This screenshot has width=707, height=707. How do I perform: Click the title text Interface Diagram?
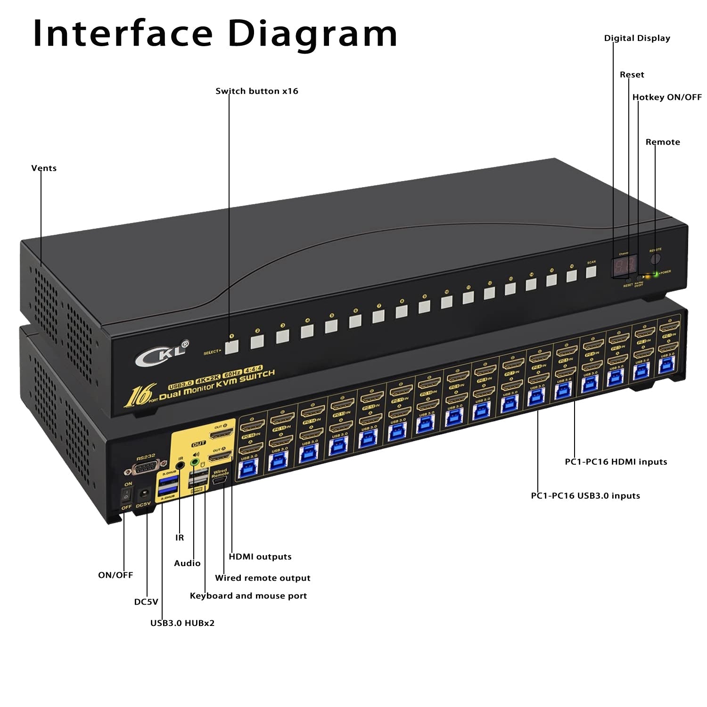click(215, 34)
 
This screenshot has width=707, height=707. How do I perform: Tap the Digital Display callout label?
click(637, 38)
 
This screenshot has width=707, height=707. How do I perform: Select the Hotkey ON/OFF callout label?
click(666, 97)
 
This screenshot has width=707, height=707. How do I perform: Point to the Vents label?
click(44, 168)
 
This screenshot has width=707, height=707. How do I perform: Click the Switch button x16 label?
click(257, 91)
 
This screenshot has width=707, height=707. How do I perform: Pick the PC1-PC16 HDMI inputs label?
click(616, 462)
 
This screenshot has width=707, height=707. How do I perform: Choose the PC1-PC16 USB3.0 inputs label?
click(585, 496)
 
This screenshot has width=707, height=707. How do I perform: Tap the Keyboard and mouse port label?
click(248, 596)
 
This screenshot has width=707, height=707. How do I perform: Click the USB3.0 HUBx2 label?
click(182, 623)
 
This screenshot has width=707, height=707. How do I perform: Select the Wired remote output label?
click(263, 578)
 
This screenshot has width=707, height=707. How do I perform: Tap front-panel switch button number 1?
click(231, 347)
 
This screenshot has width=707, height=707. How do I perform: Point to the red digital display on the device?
click(624, 266)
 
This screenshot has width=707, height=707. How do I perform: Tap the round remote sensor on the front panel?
click(655, 259)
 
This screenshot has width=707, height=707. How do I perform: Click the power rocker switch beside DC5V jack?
click(126, 495)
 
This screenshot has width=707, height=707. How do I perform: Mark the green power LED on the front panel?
click(656, 274)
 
